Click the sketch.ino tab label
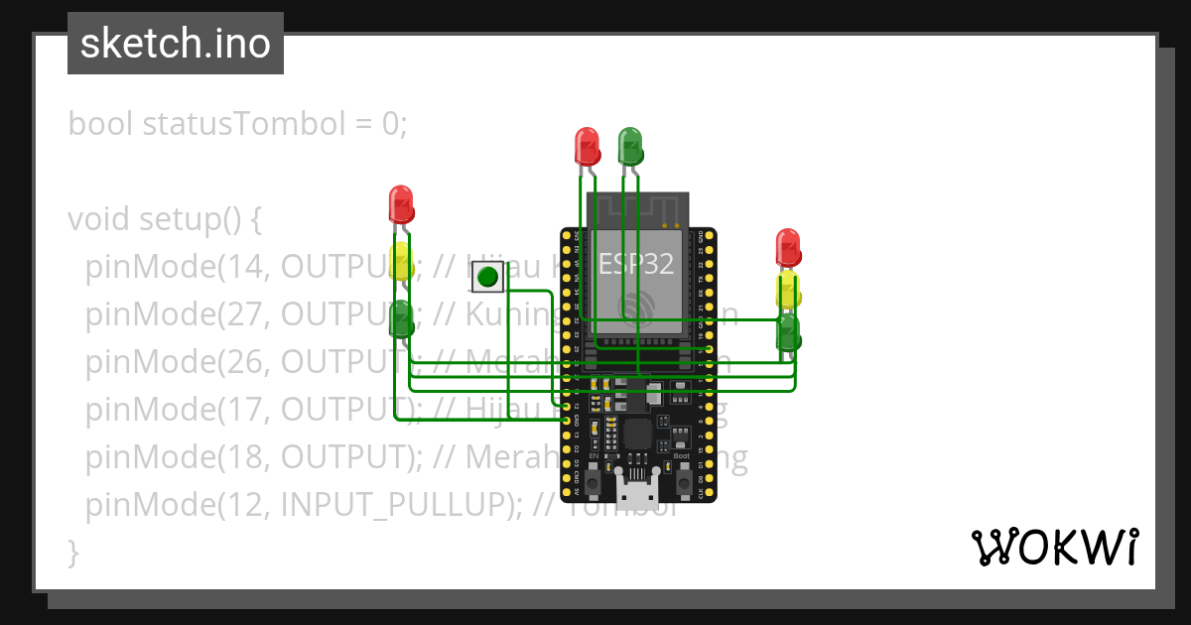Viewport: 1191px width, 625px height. [176, 44]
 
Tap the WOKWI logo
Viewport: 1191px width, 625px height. [1053, 547]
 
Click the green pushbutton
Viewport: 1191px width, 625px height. [486, 277]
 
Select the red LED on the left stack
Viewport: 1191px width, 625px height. [400, 204]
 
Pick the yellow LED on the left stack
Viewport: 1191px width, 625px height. [400, 261]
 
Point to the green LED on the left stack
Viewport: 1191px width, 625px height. [400, 319]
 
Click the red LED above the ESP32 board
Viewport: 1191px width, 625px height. [587, 146]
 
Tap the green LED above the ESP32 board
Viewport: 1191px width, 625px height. [629, 146]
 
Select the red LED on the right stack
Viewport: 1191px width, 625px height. [787, 247]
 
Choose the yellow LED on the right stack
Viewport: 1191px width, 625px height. [788, 291]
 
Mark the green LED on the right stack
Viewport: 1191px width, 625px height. [788, 332]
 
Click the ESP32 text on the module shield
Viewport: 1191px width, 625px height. [635, 264]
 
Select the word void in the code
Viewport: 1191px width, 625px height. [99, 218]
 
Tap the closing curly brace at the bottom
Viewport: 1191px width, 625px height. [72, 552]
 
